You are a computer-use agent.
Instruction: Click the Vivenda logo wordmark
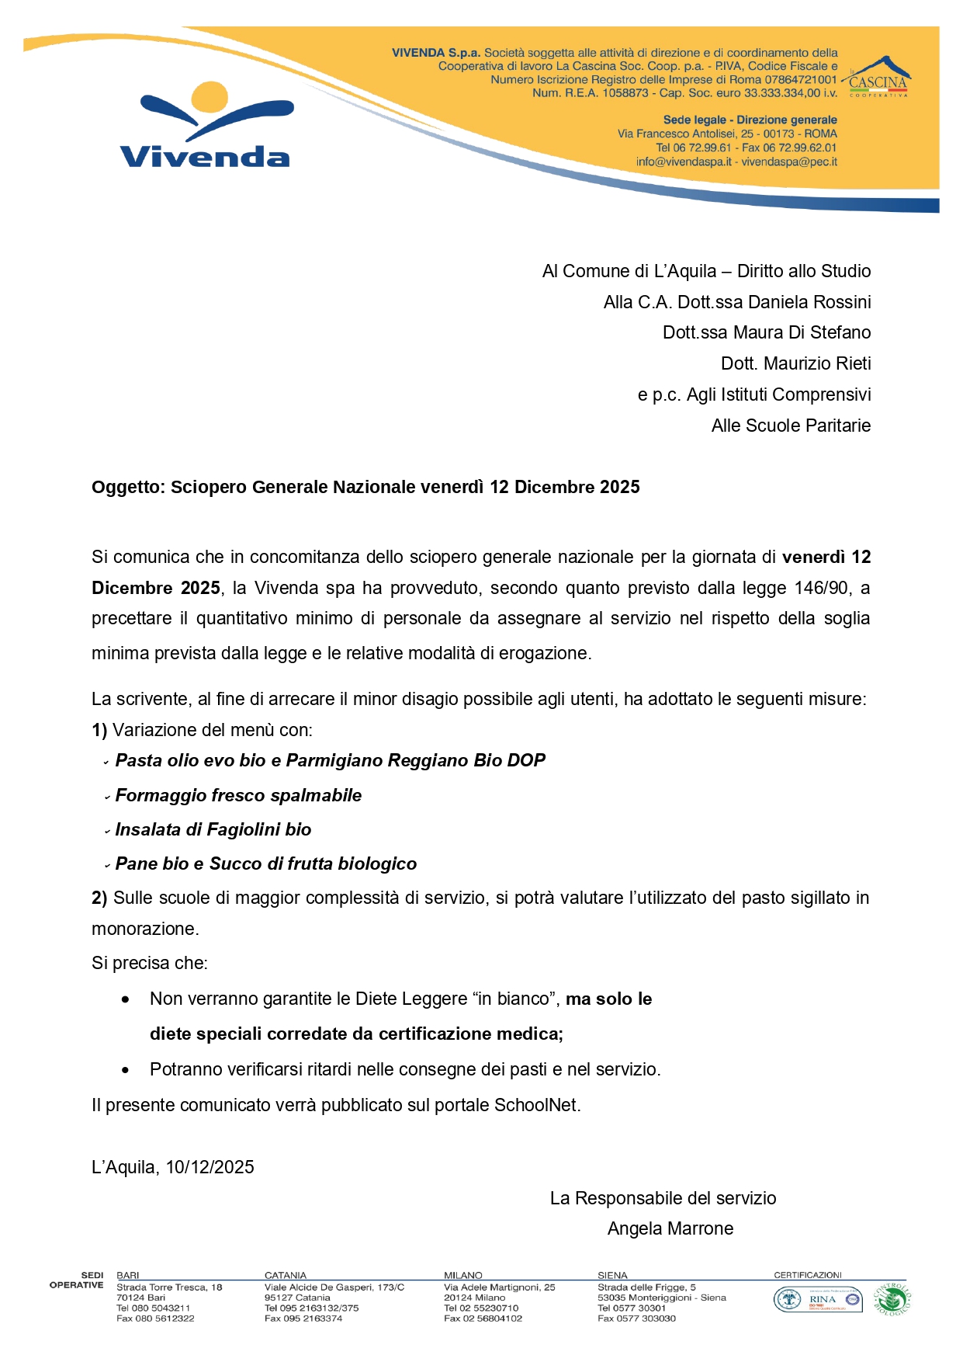click(205, 156)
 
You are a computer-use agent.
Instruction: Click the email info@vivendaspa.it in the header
click(683, 162)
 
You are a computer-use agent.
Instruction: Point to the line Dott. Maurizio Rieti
click(795, 363)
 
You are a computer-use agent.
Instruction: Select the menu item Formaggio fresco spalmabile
click(238, 795)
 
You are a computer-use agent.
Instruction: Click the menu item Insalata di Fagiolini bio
click(213, 829)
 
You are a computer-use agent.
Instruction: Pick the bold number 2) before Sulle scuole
click(99, 898)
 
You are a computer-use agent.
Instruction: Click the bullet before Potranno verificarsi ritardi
click(126, 1070)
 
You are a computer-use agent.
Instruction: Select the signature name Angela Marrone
click(670, 1228)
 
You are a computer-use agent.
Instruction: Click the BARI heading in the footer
click(128, 1275)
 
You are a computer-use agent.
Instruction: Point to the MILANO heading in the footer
click(462, 1275)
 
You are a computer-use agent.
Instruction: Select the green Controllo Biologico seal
click(892, 1299)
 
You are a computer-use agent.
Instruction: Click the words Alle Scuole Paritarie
click(791, 426)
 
